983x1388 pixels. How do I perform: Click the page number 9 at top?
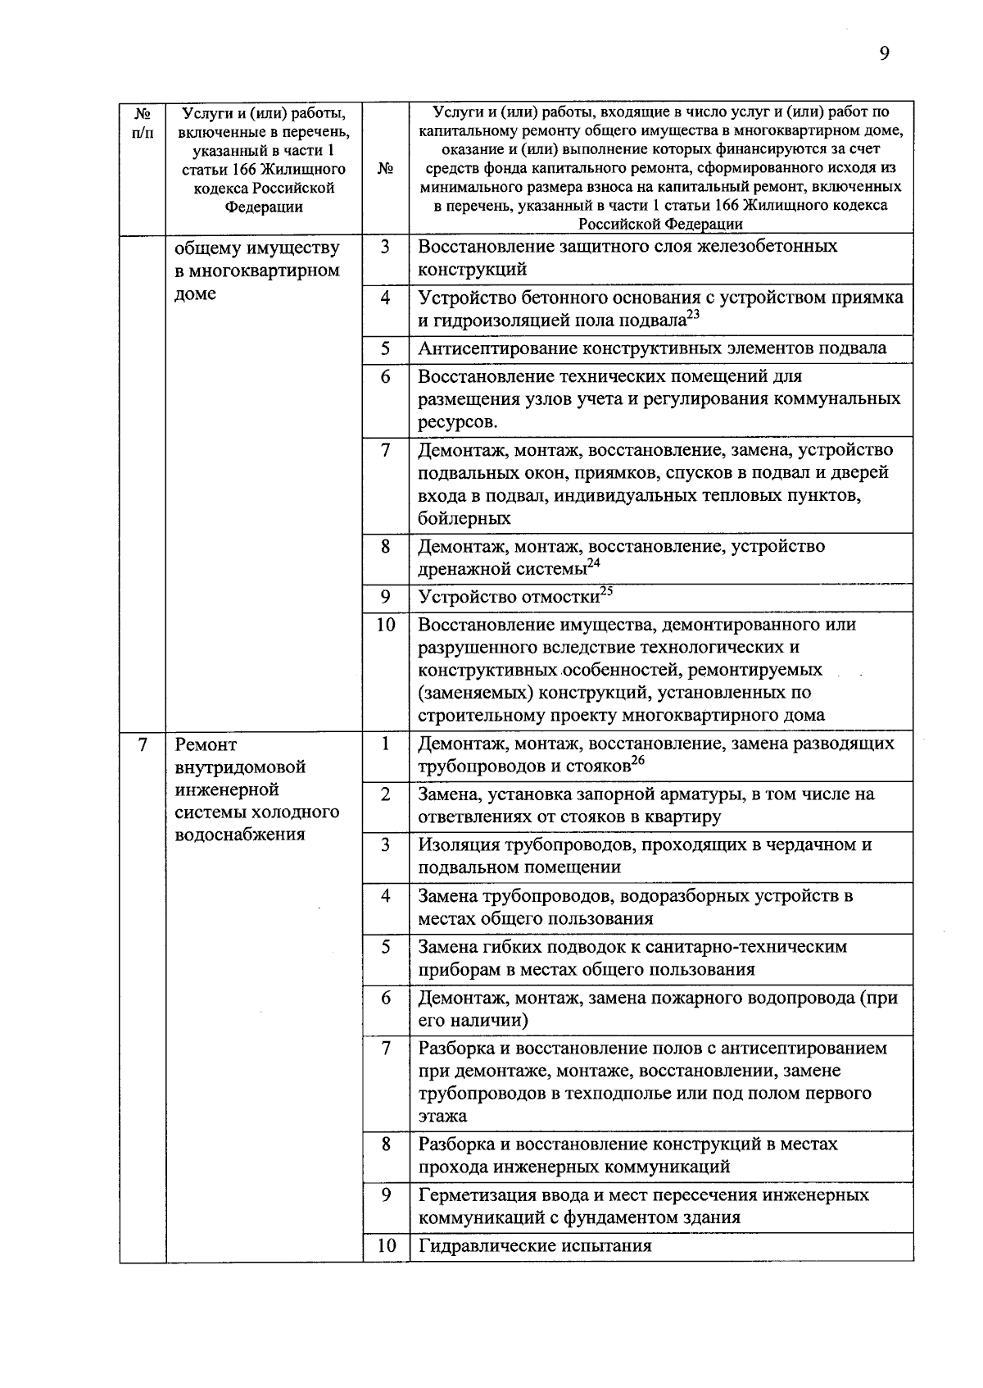(x=884, y=54)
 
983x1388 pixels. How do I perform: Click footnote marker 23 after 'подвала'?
(x=693, y=315)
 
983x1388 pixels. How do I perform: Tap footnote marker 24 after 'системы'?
(x=594, y=563)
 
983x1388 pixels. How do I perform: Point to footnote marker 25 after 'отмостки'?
(x=606, y=591)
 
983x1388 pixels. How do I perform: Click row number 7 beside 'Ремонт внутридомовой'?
(x=143, y=745)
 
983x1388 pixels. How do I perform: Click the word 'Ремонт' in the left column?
(x=206, y=745)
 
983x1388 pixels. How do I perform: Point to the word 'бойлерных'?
(x=464, y=519)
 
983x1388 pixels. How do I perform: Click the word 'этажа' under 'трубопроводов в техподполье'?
(x=442, y=1117)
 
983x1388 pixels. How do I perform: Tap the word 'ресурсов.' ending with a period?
(x=457, y=422)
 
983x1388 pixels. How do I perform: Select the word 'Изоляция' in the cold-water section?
(x=457, y=845)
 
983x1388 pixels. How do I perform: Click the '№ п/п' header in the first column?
(x=143, y=122)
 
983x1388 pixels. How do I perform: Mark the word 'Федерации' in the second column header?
(x=264, y=207)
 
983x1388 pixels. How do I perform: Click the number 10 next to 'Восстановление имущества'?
(x=386, y=626)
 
